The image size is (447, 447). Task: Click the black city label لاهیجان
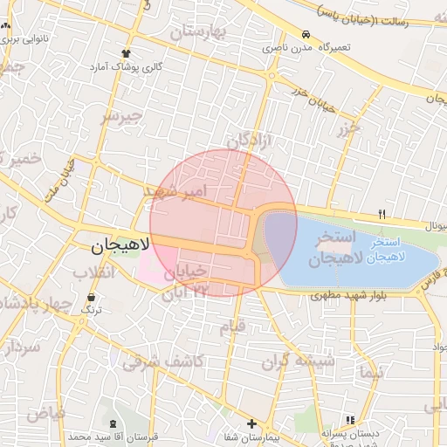pos(114,248)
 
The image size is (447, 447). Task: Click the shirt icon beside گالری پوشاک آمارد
pos(127,53)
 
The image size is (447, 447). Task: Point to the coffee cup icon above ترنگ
pos(91,297)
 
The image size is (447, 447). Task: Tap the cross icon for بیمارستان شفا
pos(251,423)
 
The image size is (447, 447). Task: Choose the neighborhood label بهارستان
pos(197,33)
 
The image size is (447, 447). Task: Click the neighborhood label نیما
pos(369,372)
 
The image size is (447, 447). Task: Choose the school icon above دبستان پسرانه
pos(350,420)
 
